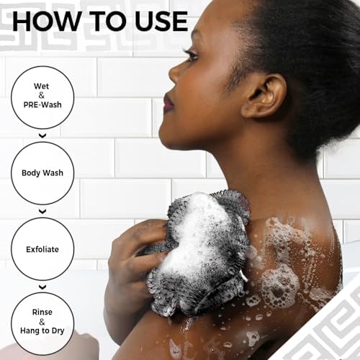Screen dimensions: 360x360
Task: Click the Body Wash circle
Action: point(42,174)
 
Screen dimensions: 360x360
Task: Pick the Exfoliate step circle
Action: point(42,249)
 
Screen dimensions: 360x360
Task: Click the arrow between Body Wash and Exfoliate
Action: point(42,211)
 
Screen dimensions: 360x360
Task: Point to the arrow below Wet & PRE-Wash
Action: point(42,135)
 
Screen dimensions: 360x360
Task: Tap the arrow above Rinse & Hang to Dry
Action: point(42,287)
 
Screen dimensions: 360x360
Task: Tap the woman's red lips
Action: point(168,103)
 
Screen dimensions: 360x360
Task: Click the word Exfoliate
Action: point(42,249)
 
